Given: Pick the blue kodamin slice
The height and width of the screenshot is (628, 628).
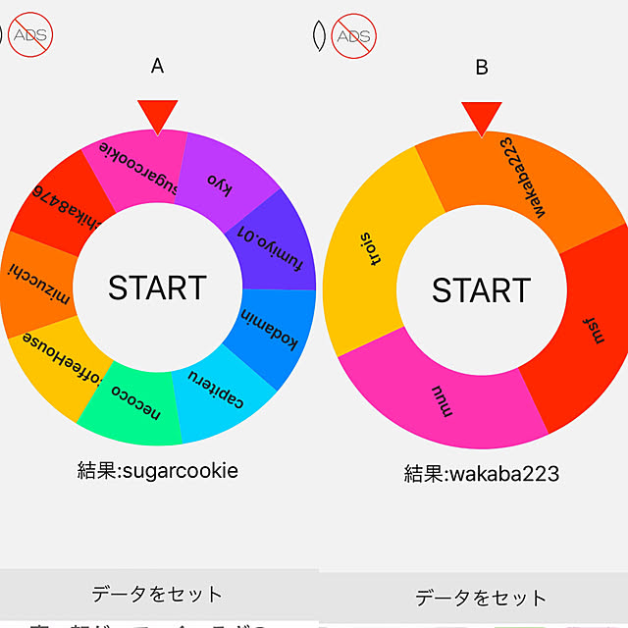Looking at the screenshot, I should click(x=275, y=329).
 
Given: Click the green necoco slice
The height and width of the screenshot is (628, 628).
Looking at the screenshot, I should click(x=132, y=402).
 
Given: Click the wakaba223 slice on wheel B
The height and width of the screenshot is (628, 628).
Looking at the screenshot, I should click(x=515, y=177).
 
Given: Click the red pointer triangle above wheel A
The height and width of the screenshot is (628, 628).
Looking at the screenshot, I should click(x=157, y=115).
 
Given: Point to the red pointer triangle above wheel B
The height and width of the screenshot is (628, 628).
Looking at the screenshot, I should click(x=481, y=117).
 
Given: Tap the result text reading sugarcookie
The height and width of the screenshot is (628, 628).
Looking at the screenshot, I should click(x=157, y=470).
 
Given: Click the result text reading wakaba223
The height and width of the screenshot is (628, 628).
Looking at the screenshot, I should click(x=481, y=474).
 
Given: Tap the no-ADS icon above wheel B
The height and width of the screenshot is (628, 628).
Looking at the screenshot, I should click(x=352, y=36).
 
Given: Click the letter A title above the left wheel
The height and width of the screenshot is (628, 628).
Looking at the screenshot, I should click(x=157, y=66).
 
